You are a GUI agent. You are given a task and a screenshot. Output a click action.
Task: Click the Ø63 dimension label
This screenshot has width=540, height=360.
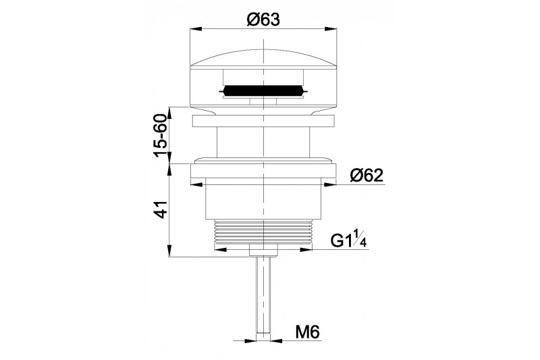(263, 20)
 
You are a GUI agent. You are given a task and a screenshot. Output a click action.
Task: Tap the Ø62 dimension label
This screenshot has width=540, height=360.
(367, 176)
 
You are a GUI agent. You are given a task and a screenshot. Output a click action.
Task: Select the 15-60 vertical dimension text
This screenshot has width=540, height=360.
(161, 135)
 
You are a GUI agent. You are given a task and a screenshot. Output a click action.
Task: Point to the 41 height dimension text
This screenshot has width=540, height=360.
(161, 209)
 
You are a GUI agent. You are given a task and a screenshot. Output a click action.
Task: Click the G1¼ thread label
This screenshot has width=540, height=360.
(349, 240)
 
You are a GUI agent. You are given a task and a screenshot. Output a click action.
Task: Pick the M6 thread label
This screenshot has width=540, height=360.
(308, 332)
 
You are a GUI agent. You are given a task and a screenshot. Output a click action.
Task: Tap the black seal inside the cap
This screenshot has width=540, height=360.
(263, 91)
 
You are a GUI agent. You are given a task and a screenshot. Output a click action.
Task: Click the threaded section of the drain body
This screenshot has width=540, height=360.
(263, 232)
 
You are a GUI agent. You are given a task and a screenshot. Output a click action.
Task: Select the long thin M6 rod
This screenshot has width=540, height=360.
(263, 294)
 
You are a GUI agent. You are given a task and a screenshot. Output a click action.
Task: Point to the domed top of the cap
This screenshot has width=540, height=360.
(263, 57)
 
